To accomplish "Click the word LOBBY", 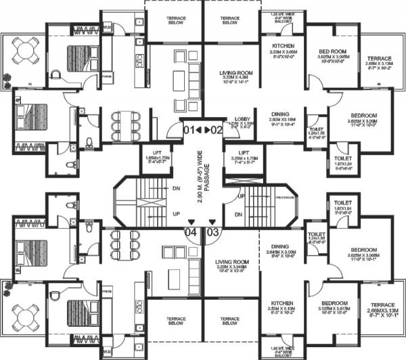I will pyautogui.click(x=242, y=118).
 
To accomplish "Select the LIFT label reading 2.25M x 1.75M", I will pyautogui.click(x=241, y=156).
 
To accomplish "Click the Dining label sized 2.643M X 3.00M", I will pyautogui.click(x=279, y=251).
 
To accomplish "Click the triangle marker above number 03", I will pyautogui.click(x=212, y=221).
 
